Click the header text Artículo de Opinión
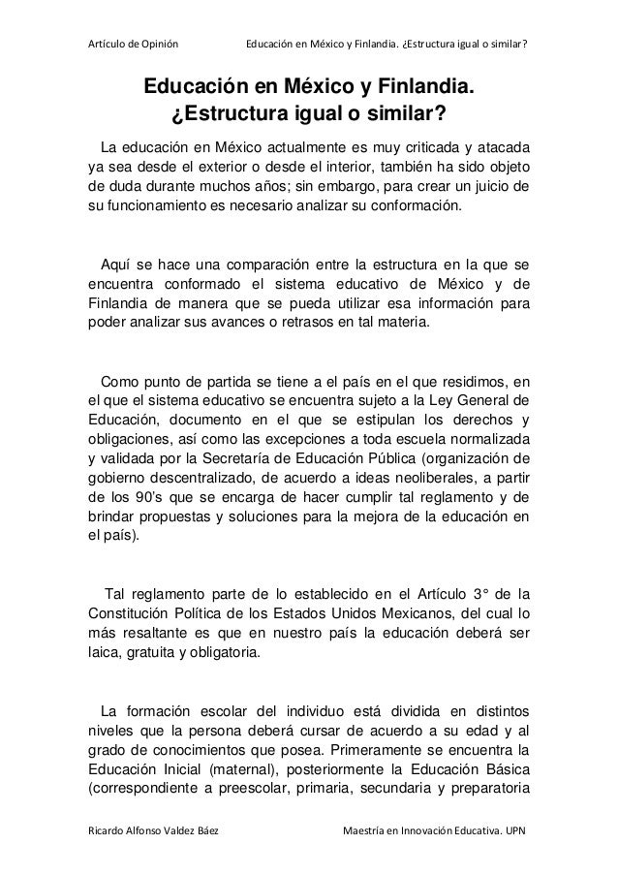(x=132, y=16)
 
